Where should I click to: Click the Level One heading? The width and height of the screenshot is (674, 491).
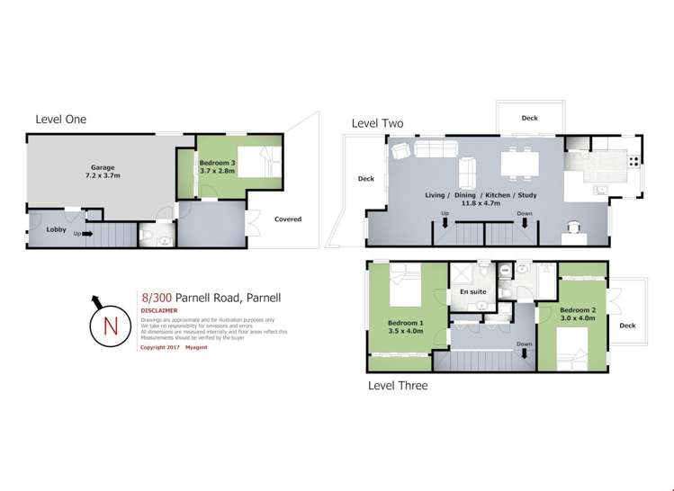click(61, 119)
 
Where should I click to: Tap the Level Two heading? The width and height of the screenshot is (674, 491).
click(377, 123)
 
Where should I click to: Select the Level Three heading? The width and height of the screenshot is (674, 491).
click(398, 386)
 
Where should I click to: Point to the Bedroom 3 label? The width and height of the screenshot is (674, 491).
click(217, 164)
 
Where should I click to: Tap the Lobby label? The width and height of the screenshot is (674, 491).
click(57, 229)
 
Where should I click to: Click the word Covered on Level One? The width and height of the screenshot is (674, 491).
click(288, 219)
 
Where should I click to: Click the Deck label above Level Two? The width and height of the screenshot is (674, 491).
click(529, 118)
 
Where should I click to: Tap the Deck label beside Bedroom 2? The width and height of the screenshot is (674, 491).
click(626, 326)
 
